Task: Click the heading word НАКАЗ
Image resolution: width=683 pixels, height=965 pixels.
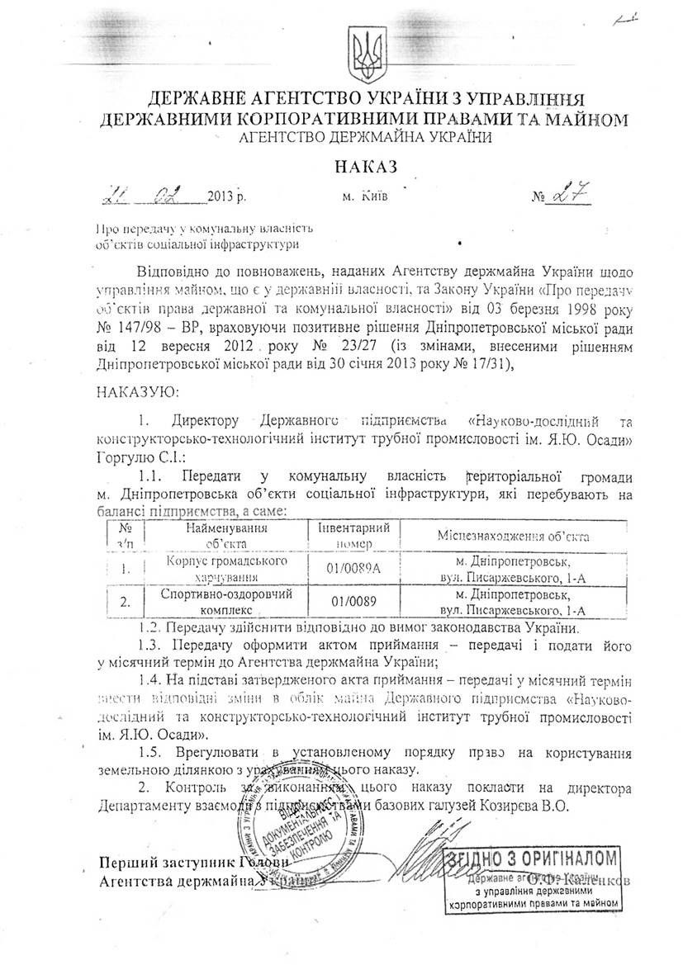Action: [x=364, y=166]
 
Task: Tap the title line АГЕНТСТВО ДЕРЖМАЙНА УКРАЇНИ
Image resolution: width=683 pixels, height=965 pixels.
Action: [x=364, y=137]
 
